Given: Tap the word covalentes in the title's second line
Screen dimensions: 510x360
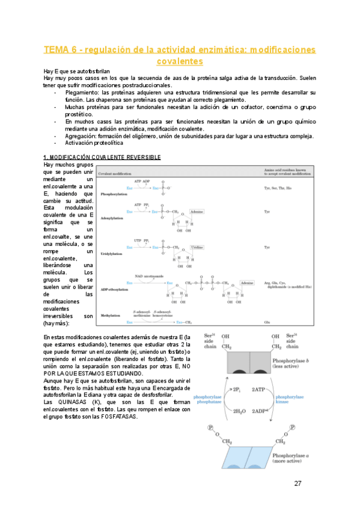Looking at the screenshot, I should point(180,61).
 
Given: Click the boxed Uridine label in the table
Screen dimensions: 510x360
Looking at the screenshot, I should point(197,248).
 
